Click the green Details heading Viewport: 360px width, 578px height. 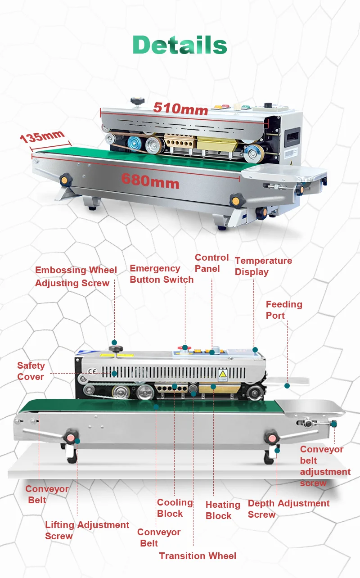coord(180,45)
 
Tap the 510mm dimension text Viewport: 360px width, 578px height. coord(180,108)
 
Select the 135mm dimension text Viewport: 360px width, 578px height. coord(42,136)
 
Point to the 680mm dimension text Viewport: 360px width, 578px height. coord(150,181)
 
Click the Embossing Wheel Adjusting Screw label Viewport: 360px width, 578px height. coord(76,276)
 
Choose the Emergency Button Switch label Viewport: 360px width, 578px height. coord(162,274)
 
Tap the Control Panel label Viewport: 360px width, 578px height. coord(211,263)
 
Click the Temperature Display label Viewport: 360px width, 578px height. coord(263,266)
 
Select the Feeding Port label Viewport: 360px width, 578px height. coord(283,310)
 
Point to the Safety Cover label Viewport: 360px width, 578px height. coord(31,371)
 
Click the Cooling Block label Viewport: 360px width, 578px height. coord(175,508)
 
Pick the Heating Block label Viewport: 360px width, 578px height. coord(223,510)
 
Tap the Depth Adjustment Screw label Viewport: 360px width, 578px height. coord(288,509)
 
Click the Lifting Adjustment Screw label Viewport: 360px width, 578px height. coord(87,530)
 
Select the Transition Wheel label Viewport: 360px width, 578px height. coord(198,556)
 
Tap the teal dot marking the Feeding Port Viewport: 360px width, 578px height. coord(287,385)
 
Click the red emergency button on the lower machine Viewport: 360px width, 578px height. coord(185,348)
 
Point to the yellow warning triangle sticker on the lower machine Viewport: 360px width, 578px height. coord(222,375)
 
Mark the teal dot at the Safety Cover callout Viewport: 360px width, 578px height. coord(114,373)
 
